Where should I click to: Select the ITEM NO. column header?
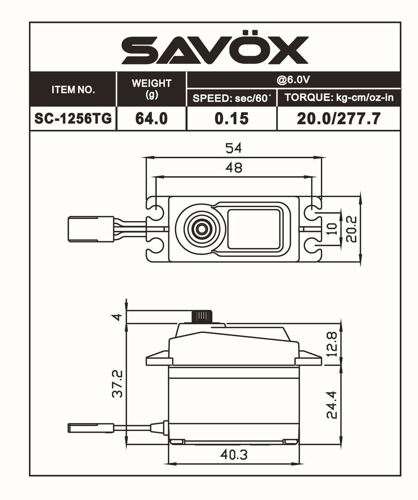[73, 89]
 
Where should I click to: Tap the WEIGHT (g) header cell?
[152, 89]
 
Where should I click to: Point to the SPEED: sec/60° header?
[232, 98]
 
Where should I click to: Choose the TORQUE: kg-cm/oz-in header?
[339, 97]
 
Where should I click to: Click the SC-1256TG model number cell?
[73, 119]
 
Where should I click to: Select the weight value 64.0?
[152, 119]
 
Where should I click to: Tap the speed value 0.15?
[232, 119]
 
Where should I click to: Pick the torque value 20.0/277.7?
[339, 119]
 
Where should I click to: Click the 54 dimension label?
[233, 148]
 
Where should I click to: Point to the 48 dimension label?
[233, 168]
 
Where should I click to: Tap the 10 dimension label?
[333, 228]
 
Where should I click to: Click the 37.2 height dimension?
[118, 384]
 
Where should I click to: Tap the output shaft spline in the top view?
[201, 228]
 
